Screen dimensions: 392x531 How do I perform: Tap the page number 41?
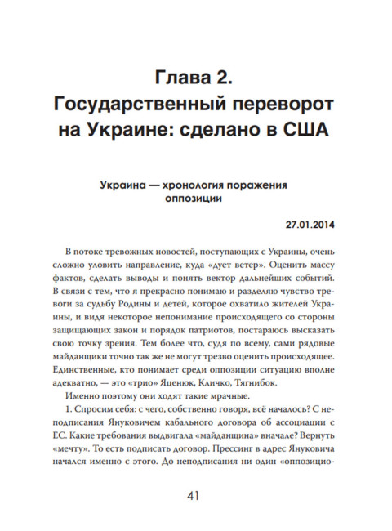[x=196, y=495]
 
